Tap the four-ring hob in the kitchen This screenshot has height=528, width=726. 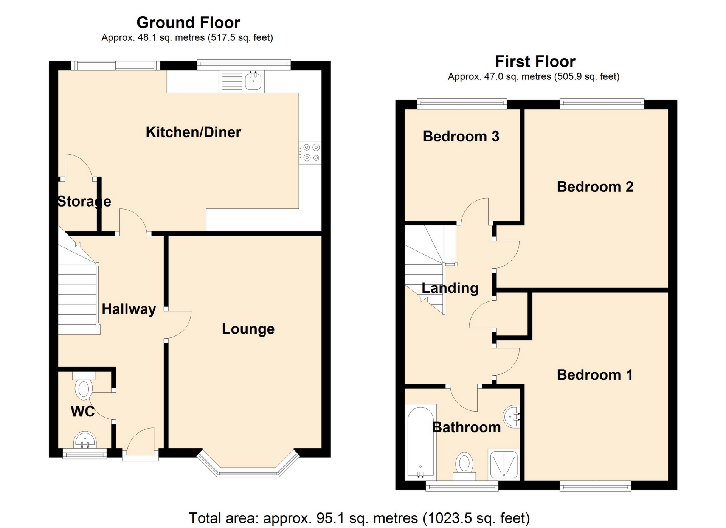(x=310, y=152)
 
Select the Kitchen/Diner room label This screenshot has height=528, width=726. (x=193, y=132)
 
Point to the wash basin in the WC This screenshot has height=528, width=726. (x=85, y=440)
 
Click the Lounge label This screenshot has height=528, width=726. (x=248, y=329)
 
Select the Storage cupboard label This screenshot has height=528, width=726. (x=84, y=202)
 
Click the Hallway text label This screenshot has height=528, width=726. (x=129, y=309)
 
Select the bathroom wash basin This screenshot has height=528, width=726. (x=511, y=416)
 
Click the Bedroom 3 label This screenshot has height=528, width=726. (x=461, y=137)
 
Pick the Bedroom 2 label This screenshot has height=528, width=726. (x=595, y=187)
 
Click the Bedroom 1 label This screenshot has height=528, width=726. (x=594, y=375)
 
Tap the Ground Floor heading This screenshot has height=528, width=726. (x=188, y=23)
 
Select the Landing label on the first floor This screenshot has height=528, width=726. (x=450, y=288)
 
